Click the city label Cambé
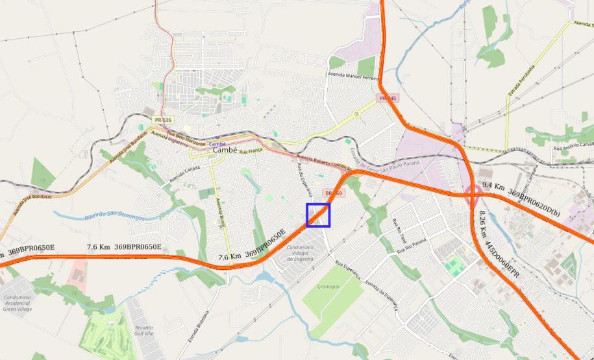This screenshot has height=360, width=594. [x=224, y=150]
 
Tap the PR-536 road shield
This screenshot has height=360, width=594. [x=163, y=121]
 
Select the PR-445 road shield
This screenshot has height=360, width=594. [x=388, y=98]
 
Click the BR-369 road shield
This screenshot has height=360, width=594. [x=334, y=193]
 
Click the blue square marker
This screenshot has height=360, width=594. [x=318, y=215]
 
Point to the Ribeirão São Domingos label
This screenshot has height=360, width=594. [x=114, y=215]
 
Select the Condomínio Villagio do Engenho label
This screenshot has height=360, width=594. [x=301, y=253]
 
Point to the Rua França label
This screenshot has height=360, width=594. [x=250, y=151]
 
